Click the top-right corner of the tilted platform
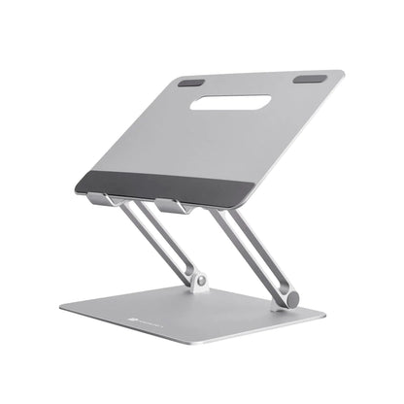[x=347, y=72]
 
